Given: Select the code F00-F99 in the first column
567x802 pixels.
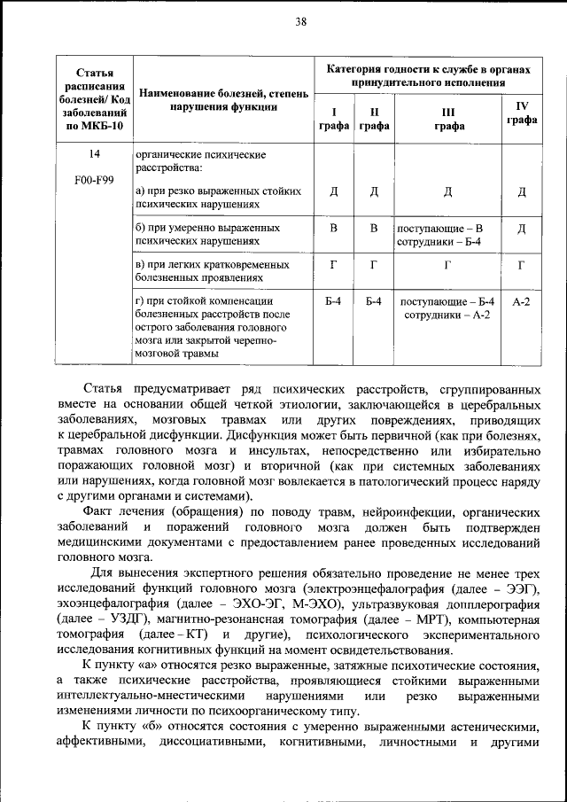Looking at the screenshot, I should (94, 181).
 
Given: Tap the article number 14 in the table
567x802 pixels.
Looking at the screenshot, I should (94, 155).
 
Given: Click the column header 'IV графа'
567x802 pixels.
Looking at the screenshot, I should (522, 113).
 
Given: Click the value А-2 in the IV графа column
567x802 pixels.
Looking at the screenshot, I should (522, 301).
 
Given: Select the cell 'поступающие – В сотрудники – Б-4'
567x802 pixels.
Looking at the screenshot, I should (440, 234).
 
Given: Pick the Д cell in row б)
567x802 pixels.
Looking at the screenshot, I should (522, 229).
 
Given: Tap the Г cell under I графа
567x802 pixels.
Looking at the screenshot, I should (333, 264).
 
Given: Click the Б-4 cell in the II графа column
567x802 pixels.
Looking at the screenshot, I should (374, 301).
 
